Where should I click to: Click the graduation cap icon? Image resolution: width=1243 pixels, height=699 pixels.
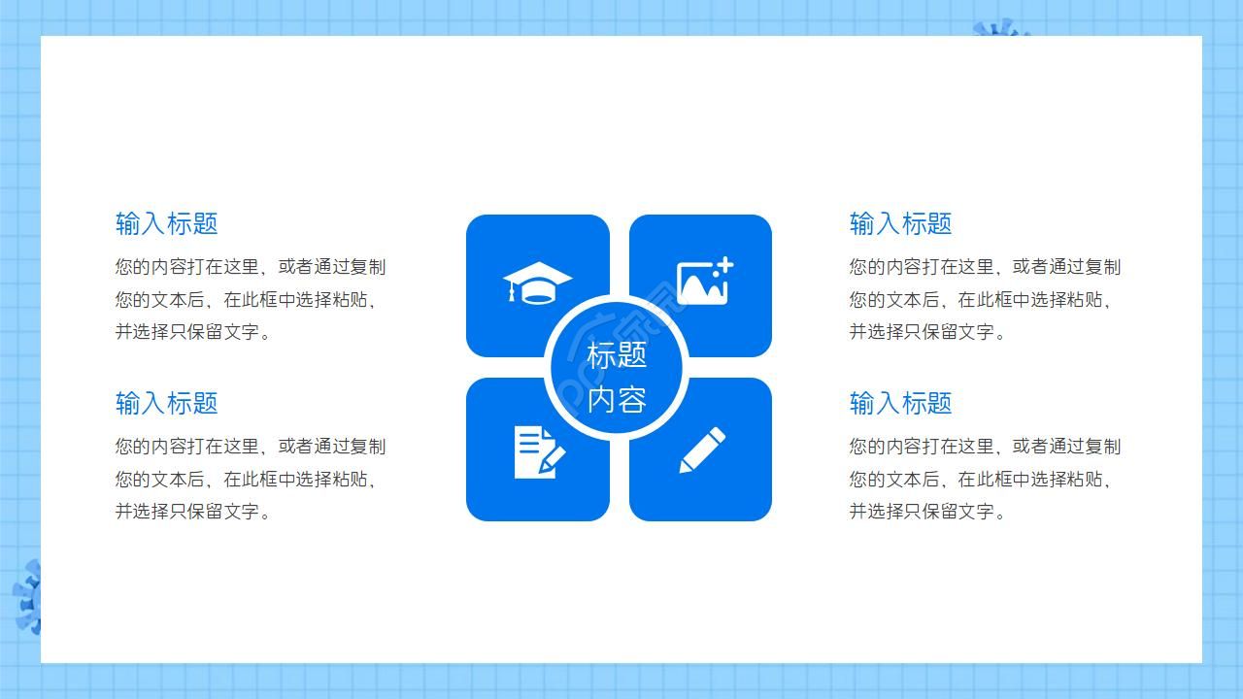pyautogui.click(x=537, y=283)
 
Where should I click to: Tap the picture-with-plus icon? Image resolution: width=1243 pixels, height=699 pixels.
pyautogui.click(x=704, y=282)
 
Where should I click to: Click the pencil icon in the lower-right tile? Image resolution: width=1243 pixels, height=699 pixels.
pyautogui.click(x=701, y=450)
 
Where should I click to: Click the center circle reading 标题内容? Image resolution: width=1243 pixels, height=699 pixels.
pyautogui.click(x=618, y=369)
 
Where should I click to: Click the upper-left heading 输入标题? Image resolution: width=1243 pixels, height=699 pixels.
pyautogui.click(x=166, y=223)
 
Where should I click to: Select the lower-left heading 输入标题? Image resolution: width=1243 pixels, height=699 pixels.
pyautogui.click(x=166, y=403)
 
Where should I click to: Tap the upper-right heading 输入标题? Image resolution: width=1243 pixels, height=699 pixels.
pyautogui.click(x=900, y=223)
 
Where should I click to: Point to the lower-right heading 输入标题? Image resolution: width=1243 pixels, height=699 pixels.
pyautogui.click(x=900, y=403)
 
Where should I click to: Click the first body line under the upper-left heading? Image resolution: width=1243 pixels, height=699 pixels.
pyautogui.click(x=251, y=267)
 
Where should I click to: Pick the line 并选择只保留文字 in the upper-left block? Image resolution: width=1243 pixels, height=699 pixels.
pyautogui.click(x=193, y=332)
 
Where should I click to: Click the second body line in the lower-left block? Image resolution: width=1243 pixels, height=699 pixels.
pyautogui.click(x=246, y=479)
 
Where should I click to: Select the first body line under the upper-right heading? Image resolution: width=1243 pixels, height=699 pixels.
pyautogui.click(x=985, y=267)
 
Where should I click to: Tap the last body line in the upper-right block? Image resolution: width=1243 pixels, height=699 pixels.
pyautogui.click(x=927, y=332)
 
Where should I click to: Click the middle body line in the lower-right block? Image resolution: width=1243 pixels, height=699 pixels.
pyautogui.click(x=980, y=479)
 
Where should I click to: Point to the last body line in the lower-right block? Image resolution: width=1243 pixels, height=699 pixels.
pyautogui.click(x=927, y=512)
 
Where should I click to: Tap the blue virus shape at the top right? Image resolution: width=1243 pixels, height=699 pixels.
pyautogui.click(x=1000, y=28)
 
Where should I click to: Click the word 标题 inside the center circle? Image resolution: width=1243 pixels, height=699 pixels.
pyautogui.click(x=617, y=355)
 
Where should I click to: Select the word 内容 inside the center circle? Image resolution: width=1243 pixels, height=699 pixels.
pyautogui.click(x=617, y=399)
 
